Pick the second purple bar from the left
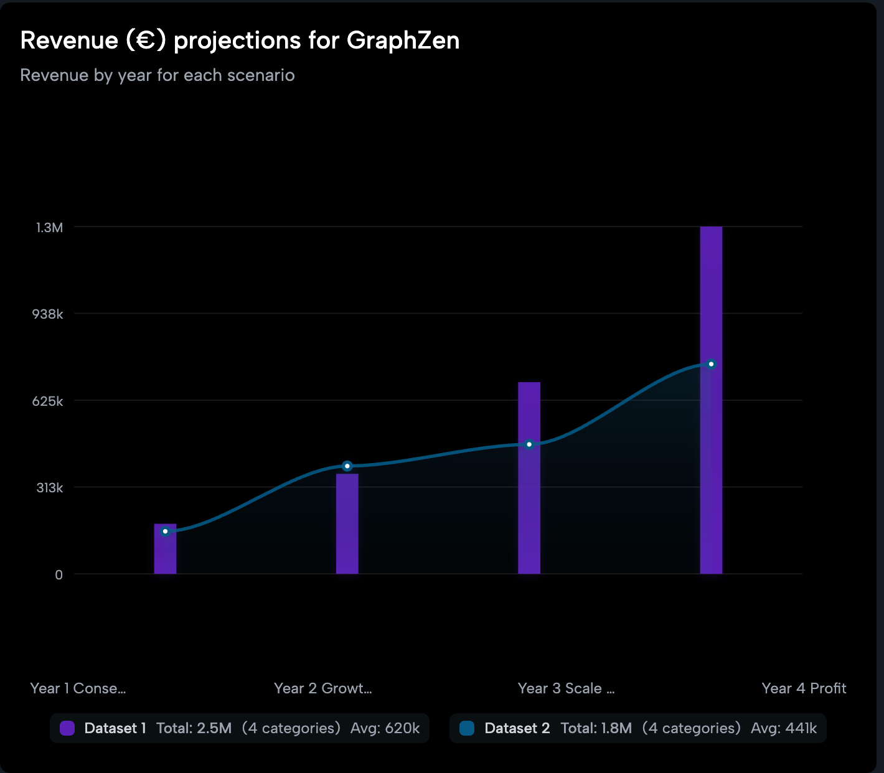pos(347,526)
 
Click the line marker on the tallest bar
pos(711,364)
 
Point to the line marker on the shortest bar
pos(165,532)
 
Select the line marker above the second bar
pos(347,466)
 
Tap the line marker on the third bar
pos(529,444)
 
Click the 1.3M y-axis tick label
pos(50,228)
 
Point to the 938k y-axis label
pos(48,314)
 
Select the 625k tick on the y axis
pos(48,401)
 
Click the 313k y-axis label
pos(50,488)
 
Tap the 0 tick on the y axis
pos(59,575)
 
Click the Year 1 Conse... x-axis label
pos(78,688)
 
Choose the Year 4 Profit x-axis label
pos(804,688)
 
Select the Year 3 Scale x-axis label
pos(566,688)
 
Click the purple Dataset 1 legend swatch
pos(67,728)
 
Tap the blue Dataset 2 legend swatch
pos(467,728)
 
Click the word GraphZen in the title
pos(403,41)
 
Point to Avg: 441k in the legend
pos(784,728)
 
